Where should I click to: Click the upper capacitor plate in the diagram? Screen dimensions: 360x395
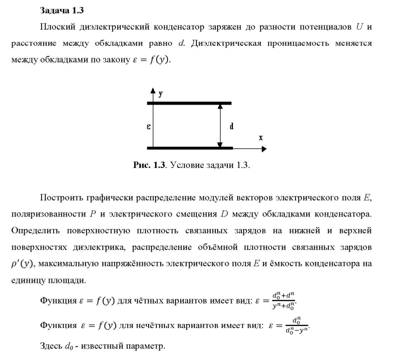tap(189, 103)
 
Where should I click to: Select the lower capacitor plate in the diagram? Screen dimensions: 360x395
tap(189, 148)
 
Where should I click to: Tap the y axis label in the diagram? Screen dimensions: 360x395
tap(160, 94)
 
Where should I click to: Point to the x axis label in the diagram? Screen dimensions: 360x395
tap(261, 137)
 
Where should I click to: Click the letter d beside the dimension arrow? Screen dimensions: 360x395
tap(231, 126)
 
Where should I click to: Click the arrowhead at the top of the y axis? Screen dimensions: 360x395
tap(153, 91)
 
